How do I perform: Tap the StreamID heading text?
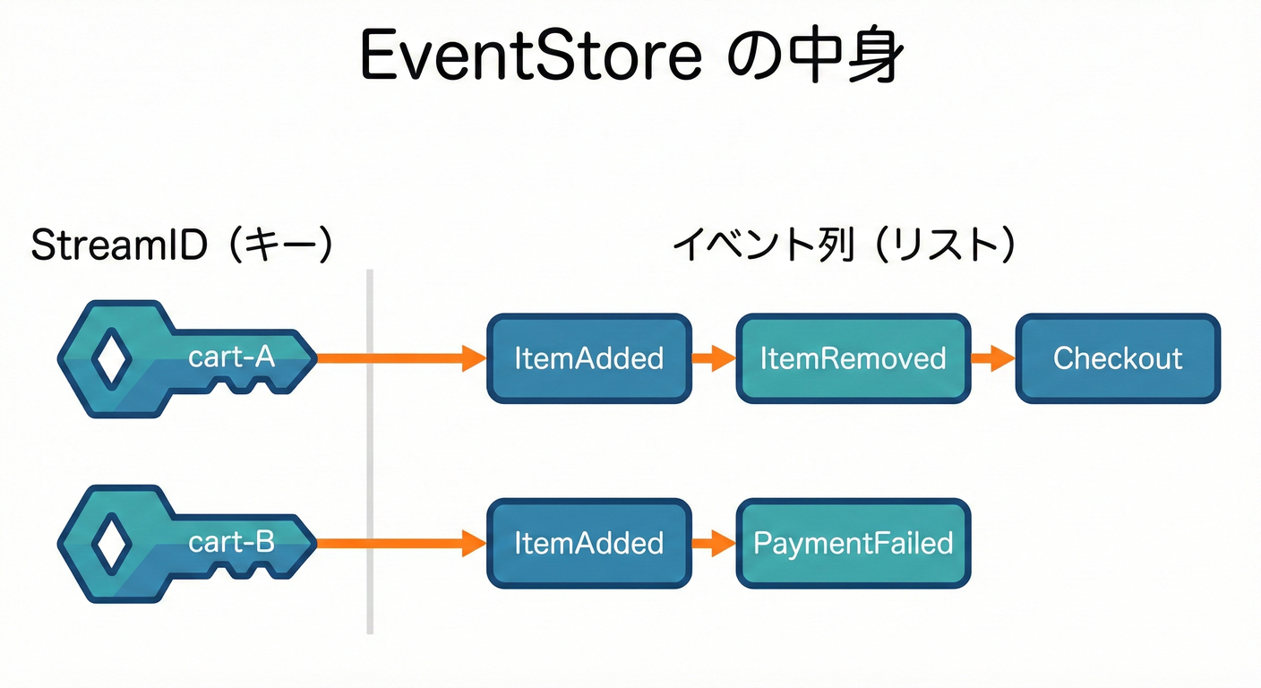(x=118, y=245)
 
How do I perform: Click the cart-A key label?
(x=231, y=357)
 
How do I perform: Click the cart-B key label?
(x=231, y=542)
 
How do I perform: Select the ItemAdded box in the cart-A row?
(x=588, y=358)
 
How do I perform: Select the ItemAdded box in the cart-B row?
(x=588, y=543)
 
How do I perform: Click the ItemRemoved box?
(x=853, y=358)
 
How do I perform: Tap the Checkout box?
(x=1117, y=358)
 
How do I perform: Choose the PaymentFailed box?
(x=853, y=543)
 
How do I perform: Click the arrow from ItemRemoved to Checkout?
(x=992, y=359)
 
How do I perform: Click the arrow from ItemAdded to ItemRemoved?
(x=713, y=359)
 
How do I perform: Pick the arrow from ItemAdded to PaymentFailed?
(x=713, y=543)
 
